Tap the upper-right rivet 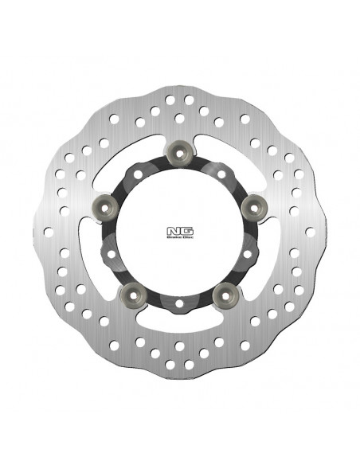pos(254,207)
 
